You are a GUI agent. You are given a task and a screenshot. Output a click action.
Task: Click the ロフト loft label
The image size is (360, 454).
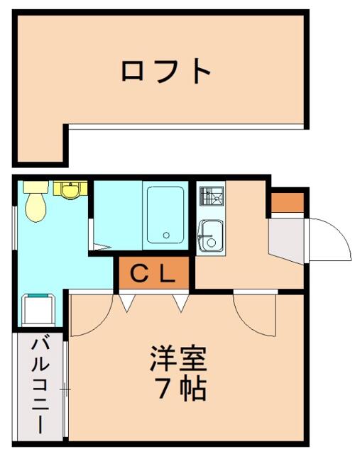tap(165, 71)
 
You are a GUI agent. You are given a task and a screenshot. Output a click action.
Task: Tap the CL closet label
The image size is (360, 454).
tap(153, 274)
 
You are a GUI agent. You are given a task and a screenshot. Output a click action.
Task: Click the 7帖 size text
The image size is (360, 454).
tap(180, 388)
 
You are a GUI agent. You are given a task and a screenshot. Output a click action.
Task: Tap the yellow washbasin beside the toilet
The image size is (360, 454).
tap(70, 190)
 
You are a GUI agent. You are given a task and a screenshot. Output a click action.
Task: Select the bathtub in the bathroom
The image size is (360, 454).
tap(165, 215)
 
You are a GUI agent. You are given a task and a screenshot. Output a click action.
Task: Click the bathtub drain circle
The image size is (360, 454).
tap(166, 235)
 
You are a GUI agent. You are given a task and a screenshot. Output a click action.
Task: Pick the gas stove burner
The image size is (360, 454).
tap(212, 196)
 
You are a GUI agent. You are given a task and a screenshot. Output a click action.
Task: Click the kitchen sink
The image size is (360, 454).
tap(211, 236)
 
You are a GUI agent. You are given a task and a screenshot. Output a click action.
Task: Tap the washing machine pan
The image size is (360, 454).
tap(38, 309)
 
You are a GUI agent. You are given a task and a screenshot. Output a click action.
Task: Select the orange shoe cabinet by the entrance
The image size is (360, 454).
tap(288, 202)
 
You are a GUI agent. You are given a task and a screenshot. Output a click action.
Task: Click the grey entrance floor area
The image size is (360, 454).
tap(286, 239)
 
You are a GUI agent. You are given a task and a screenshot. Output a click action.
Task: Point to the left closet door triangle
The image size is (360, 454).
tap(127, 303)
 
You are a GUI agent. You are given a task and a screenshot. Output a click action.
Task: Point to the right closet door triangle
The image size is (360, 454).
tap(181, 303)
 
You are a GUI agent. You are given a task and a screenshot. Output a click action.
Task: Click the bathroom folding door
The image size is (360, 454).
tap(99, 248)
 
